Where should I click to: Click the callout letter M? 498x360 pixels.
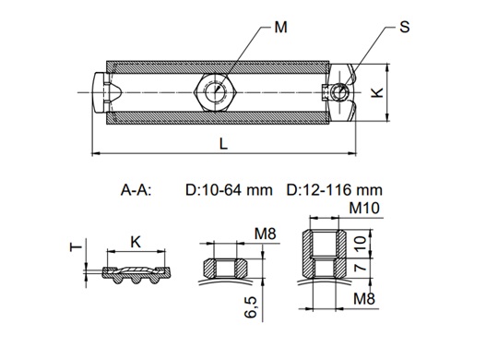point(280,28)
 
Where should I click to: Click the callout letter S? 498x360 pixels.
point(404,27)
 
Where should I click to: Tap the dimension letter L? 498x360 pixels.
point(223,144)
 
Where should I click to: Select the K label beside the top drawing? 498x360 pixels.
point(377,92)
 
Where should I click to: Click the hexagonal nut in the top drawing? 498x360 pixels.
point(215,92)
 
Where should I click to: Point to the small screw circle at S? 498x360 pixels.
point(338,92)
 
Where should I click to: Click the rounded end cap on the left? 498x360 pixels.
point(100,92)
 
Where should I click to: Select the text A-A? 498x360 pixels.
point(136,190)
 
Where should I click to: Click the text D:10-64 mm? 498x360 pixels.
point(229,190)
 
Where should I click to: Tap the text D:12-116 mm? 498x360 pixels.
point(334,190)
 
